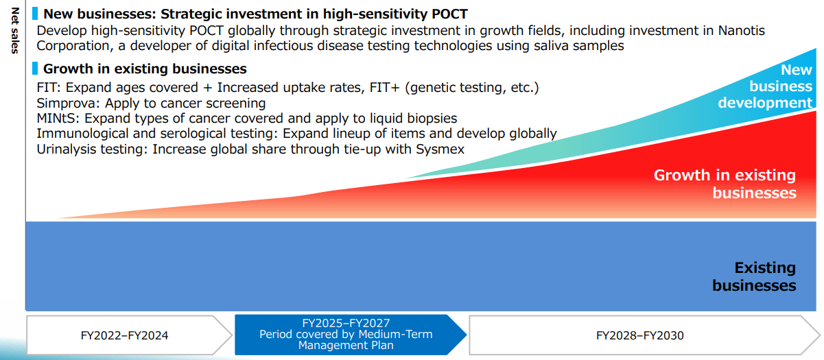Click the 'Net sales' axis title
pos(14,31)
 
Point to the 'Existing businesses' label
pos(754,276)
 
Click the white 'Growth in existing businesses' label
pos(725,184)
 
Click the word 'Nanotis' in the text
pos(741,31)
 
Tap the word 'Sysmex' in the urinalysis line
pos(440,149)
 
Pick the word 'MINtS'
pos(58,119)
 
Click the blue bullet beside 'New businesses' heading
pos(35,14)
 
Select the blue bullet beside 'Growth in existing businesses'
pos(35,69)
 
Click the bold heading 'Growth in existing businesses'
pos(145,69)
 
